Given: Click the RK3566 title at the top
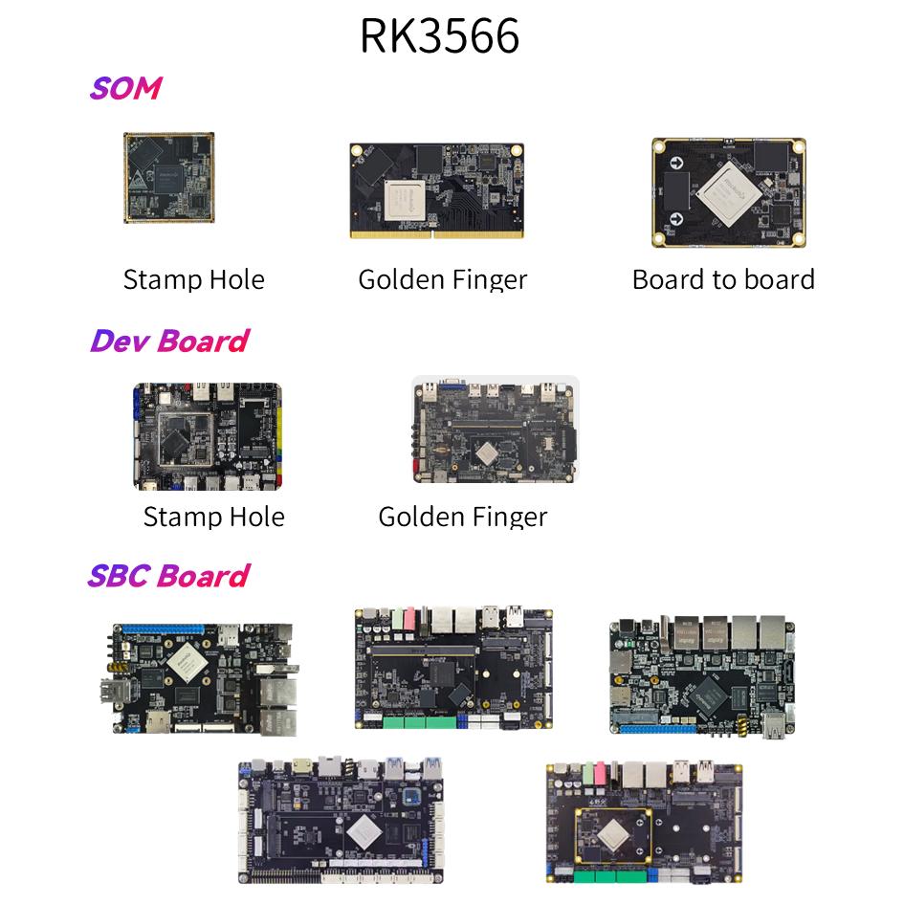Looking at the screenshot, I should pyautogui.click(x=439, y=35).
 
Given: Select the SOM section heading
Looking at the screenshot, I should pyautogui.click(x=124, y=88).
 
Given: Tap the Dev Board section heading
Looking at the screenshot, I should pyautogui.click(x=168, y=341).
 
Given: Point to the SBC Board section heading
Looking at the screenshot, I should pyautogui.click(x=167, y=576).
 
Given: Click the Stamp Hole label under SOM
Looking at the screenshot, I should pyautogui.click(x=193, y=279).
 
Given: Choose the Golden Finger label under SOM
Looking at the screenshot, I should pyautogui.click(x=442, y=279).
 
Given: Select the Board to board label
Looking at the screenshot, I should pyautogui.click(x=723, y=279).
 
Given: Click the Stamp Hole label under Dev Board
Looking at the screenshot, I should pyautogui.click(x=213, y=517).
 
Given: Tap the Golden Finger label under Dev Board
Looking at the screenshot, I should pyautogui.click(x=462, y=517).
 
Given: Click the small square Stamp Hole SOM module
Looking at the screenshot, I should pyautogui.click(x=168, y=178).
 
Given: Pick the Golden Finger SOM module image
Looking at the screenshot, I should pyautogui.click(x=436, y=190).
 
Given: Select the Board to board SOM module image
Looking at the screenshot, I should pyautogui.click(x=729, y=191).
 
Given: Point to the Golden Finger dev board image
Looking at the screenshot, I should pyautogui.click(x=495, y=430).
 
